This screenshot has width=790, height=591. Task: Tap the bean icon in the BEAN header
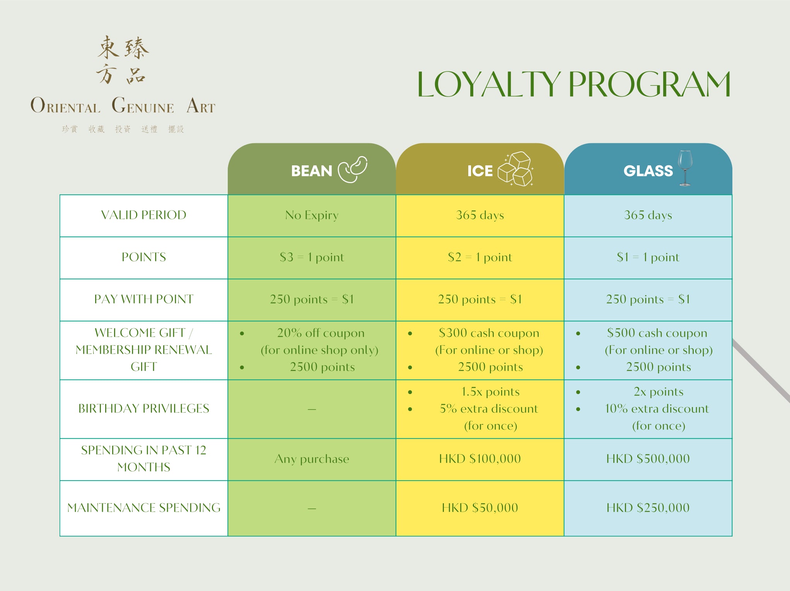point(353,169)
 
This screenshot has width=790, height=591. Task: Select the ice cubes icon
point(515,169)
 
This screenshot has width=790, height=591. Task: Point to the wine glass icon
point(685,168)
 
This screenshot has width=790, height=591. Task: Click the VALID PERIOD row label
point(143,215)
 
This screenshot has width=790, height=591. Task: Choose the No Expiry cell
point(312,215)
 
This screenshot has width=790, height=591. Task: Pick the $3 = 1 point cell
point(312,257)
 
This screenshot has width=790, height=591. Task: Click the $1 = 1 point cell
point(648,257)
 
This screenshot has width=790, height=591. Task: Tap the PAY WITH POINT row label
point(143,299)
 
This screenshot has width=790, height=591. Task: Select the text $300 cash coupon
point(489,333)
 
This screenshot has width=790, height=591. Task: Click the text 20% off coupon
point(321,333)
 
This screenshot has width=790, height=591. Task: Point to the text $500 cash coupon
point(657,333)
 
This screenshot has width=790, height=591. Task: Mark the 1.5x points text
point(490,392)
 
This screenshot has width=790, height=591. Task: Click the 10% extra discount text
point(657,409)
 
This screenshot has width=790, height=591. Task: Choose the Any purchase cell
point(312,459)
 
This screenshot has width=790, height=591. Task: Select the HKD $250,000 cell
point(648,508)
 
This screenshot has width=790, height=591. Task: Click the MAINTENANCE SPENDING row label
point(143,508)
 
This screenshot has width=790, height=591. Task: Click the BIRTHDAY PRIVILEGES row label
point(143,409)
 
